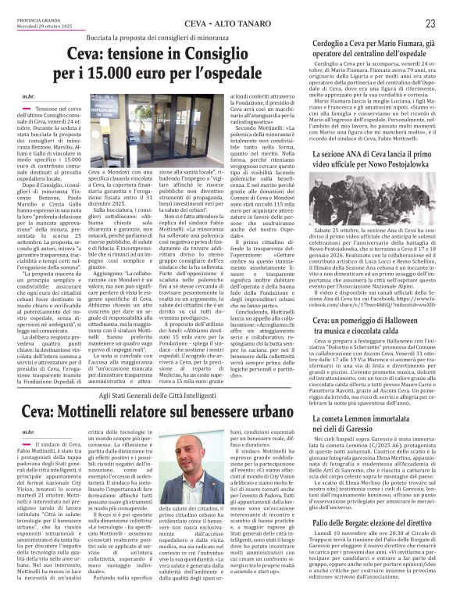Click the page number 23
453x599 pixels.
click(430, 24)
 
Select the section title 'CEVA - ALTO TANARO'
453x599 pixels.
click(226, 24)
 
